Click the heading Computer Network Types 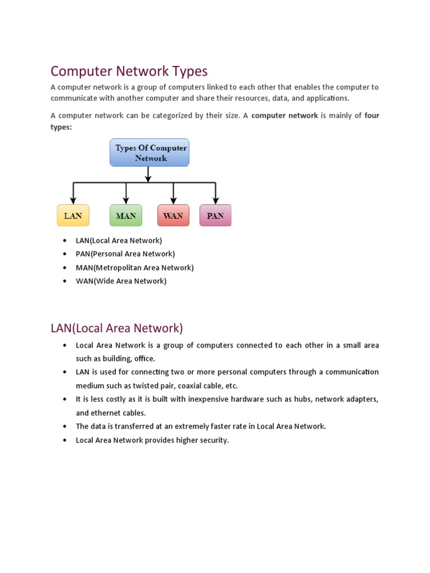point(129,71)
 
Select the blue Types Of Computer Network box point(149,153)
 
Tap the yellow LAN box point(73,215)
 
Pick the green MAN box point(125,215)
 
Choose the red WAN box point(174,215)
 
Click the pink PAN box point(215,215)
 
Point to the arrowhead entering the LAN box point(73,201)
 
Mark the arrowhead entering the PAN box point(216,201)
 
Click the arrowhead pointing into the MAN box point(126,201)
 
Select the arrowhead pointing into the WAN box point(174,201)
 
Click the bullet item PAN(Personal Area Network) point(125,254)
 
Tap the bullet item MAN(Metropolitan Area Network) point(135,267)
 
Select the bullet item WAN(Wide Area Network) point(121,281)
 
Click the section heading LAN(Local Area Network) point(116,328)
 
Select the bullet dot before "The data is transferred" point(66,426)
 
